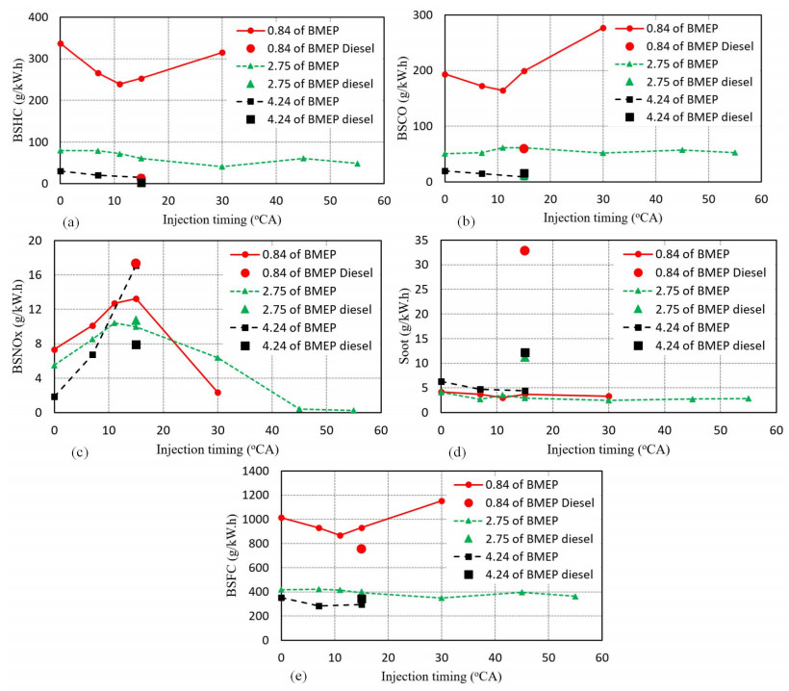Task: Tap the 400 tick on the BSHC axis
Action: [42, 17]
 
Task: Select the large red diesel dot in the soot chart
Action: [524, 250]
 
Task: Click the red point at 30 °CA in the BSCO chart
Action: [603, 28]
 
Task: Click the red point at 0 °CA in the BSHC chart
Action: [60, 43]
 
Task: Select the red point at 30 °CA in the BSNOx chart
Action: [217, 393]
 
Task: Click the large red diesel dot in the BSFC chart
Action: [361, 549]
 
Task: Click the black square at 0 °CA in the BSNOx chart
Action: [54, 397]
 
